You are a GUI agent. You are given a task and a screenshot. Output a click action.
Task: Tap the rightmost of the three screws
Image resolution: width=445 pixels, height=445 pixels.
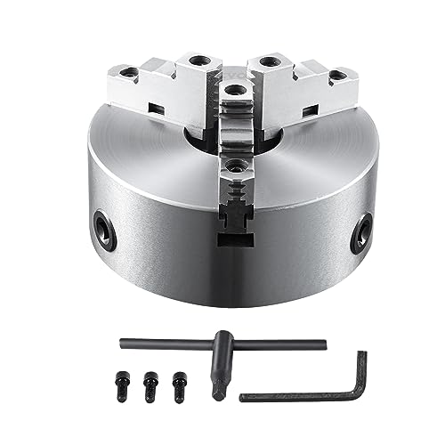pos(179,375)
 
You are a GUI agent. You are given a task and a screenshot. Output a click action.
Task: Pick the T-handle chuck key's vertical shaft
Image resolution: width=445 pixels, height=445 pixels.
pos(217,366)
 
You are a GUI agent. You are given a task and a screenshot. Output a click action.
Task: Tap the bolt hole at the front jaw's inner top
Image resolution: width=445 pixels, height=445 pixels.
pos(233,91)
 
